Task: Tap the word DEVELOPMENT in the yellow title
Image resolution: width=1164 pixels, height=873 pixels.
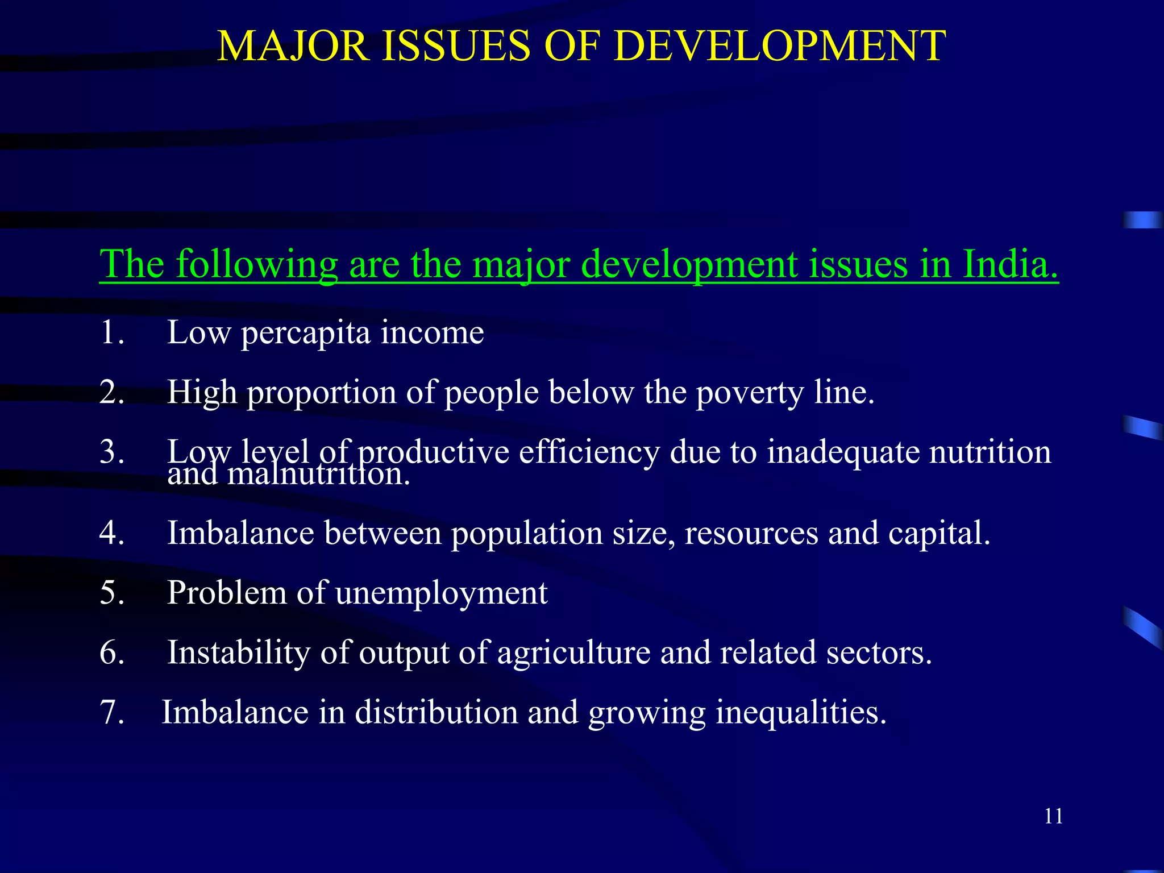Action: [780, 47]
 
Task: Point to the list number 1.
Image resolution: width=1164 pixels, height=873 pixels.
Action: [111, 332]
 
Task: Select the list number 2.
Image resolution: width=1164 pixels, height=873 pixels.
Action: [111, 392]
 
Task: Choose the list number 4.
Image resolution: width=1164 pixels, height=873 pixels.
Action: [111, 533]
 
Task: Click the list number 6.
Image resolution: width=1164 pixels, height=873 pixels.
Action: [111, 652]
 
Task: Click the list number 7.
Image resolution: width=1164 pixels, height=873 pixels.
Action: [111, 712]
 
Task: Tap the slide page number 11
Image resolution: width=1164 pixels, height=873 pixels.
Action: [1053, 816]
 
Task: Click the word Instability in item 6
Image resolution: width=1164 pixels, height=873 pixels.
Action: [239, 652]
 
